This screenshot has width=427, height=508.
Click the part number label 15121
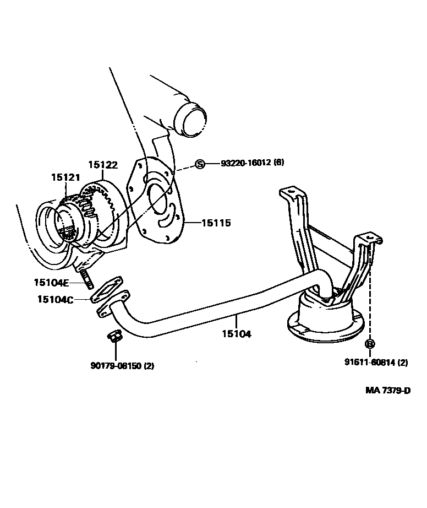[x=65, y=177]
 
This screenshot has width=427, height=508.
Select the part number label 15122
[x=103, y=164]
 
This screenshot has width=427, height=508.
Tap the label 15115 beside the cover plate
[x=216, y=223]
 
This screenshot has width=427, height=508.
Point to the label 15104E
[x=51, y=283]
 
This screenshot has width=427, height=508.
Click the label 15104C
[x=54, y=299]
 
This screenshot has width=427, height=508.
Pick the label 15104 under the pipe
[x=237, y=334]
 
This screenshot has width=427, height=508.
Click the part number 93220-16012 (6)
[x=253, y=163]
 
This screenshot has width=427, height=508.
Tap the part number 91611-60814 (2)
[x=376, y=362]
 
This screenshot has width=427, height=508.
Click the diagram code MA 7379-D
[x=388, y=391]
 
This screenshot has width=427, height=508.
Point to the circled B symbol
[x=370, y=344]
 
